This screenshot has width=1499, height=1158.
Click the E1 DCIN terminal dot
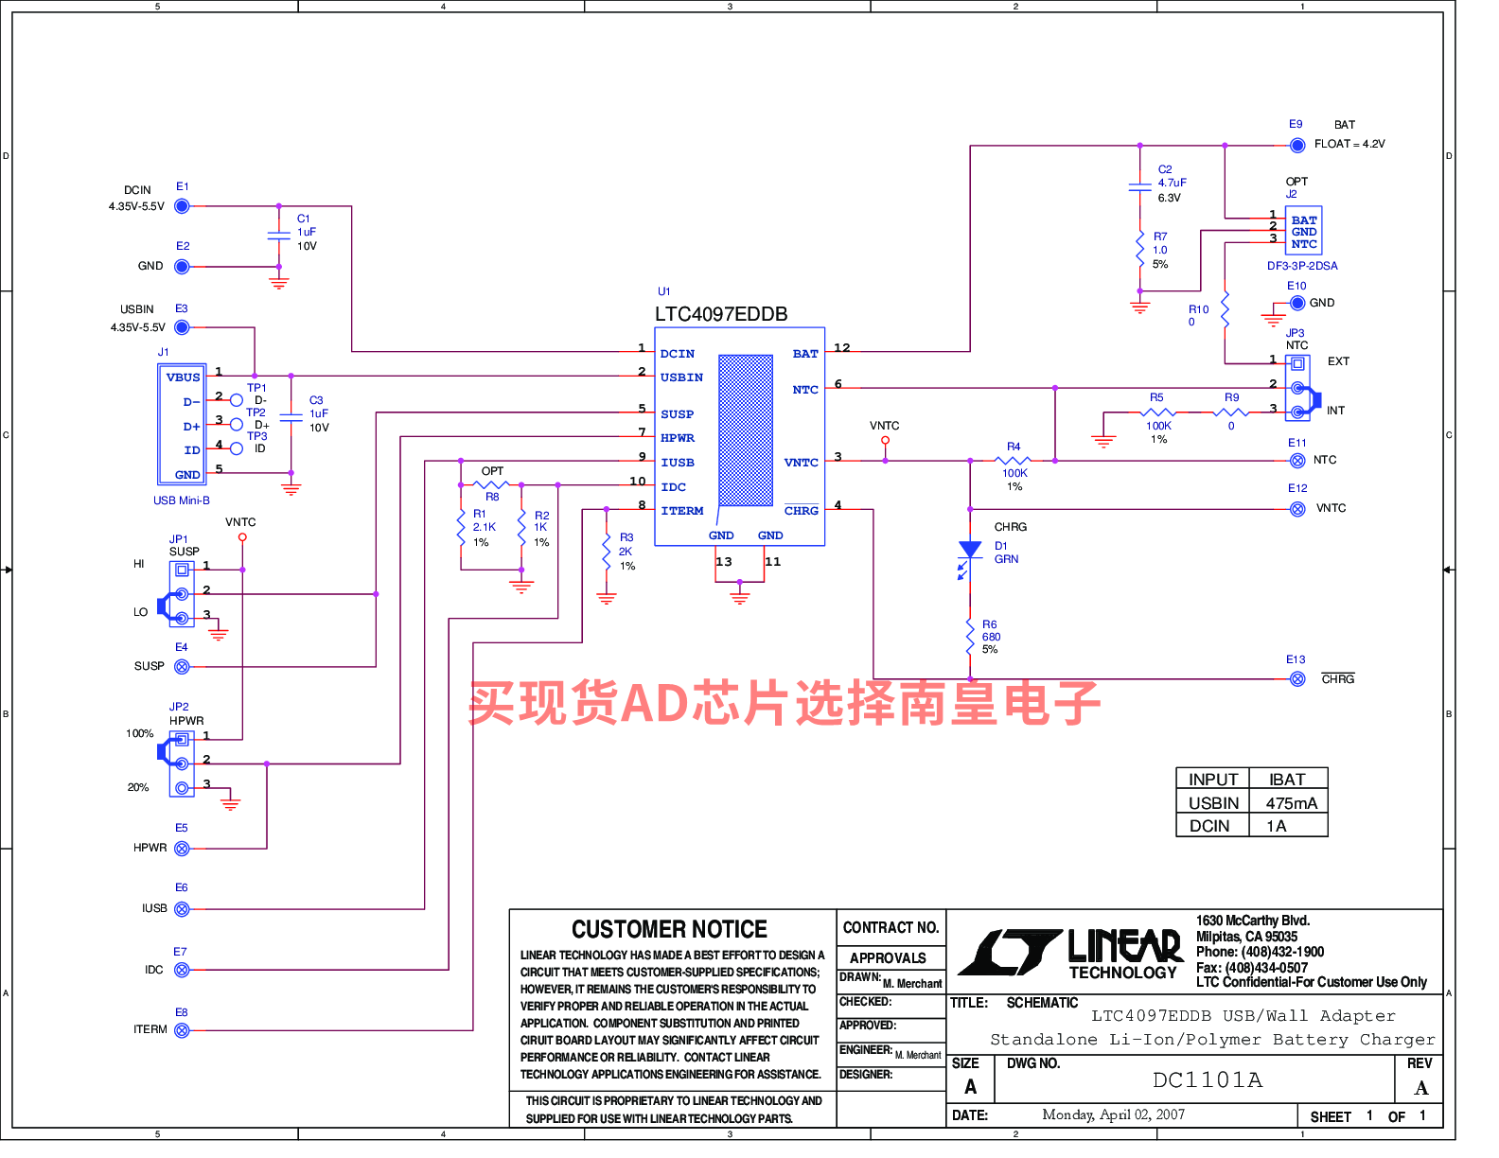[182, 206]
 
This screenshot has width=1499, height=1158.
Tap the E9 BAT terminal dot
[1297, 146]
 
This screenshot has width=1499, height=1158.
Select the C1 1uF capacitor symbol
[278, 236]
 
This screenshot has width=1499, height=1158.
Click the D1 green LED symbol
[969, 556]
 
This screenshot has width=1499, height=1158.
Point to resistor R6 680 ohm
[970, 637]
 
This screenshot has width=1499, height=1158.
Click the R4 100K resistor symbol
[1014, 460]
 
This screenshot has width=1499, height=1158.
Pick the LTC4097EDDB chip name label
[721, 314]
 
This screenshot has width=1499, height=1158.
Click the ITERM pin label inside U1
[682, 511]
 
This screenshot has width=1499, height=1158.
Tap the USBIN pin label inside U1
[681, 377]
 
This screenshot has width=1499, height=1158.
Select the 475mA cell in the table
[1292, 803]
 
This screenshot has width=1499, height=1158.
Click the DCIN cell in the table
[1209, 826]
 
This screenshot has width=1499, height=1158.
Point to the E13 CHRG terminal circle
[1297, 679]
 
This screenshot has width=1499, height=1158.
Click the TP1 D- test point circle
[237, 400]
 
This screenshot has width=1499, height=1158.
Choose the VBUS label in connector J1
[183, 377]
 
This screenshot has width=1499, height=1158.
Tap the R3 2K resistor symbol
[607, 551]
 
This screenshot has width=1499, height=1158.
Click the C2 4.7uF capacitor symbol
[1139, 187]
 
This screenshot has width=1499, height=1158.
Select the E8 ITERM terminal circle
[182, 1030]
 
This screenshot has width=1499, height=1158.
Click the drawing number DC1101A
[1208, 1080]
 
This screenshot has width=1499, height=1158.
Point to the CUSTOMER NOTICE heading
[669, 930]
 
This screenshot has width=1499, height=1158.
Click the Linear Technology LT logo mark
[1011, 952]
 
